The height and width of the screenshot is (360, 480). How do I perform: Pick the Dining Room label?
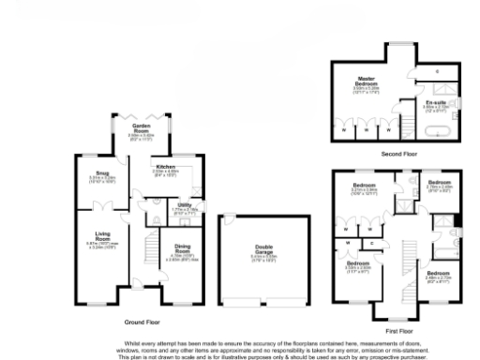point(182,250)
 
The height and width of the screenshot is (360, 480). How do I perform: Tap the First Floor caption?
point(397,331)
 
